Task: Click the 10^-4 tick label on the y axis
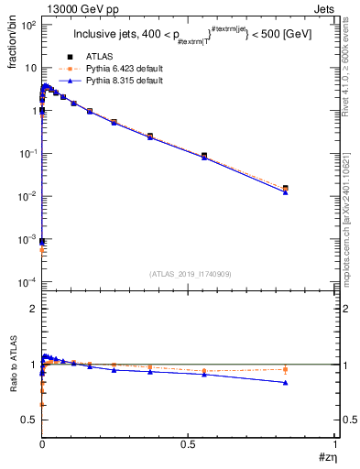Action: [27, 281]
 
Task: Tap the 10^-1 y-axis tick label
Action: [27, 154]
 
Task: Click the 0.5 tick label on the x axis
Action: [189, 443]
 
